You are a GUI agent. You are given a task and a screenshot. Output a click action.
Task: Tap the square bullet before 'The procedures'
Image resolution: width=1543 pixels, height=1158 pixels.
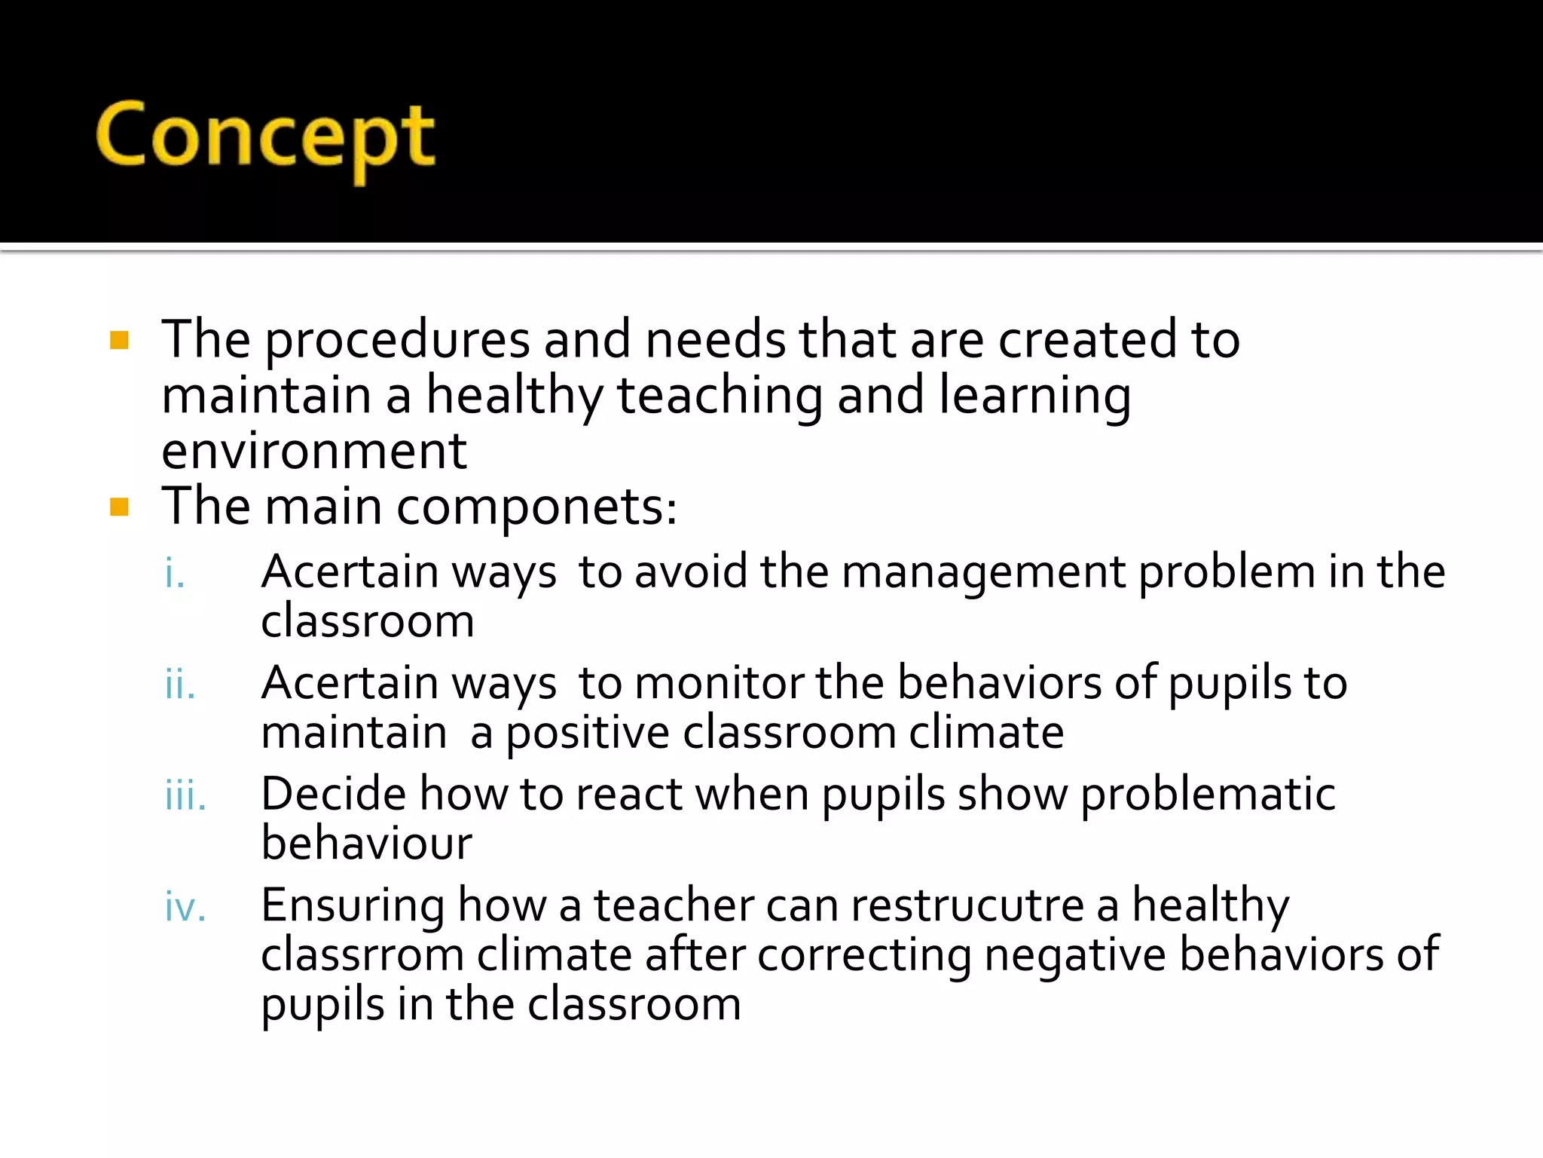coord(119,341)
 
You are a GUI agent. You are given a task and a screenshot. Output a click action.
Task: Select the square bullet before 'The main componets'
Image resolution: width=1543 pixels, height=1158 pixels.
coord(119,507)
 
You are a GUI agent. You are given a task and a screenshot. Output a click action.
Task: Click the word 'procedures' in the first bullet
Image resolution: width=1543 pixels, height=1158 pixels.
coord(398,341)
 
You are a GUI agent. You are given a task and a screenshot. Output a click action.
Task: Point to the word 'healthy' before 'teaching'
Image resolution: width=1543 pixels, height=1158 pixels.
coord(515,397)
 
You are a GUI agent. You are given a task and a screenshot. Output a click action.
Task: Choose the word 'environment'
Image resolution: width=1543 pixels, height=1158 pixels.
coord(314,451)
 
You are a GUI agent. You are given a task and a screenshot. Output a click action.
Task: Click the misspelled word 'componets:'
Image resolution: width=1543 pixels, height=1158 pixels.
coord(536,508)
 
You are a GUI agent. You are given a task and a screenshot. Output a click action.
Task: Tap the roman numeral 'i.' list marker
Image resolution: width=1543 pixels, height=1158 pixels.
coord(175,573)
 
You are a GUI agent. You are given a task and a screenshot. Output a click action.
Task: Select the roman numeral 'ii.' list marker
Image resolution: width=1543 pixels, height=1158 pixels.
coord(180,685)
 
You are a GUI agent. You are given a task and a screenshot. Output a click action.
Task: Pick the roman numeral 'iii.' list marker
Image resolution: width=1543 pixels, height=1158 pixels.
coord(185,796)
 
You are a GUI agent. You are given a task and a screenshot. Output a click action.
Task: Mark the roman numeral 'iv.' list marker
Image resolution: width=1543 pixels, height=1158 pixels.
coord(185,907)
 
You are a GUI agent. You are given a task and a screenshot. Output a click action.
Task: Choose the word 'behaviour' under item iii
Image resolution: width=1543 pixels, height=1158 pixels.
coord(366,844)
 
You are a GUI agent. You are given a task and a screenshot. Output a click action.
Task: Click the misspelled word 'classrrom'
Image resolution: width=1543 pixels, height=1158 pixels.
coord(362,955)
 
